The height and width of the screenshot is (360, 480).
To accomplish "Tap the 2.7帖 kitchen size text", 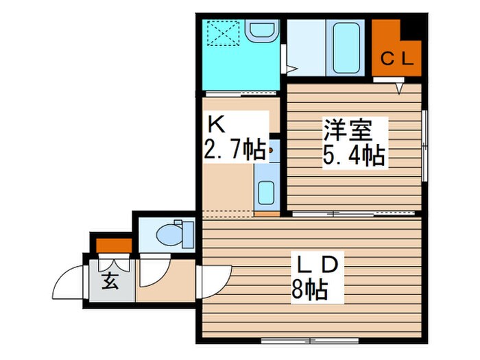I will click(x=232, y=149).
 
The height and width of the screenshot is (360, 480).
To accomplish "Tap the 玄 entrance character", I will click(x=110, y=281).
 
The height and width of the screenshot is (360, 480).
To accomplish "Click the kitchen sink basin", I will click(x=265, y=192).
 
